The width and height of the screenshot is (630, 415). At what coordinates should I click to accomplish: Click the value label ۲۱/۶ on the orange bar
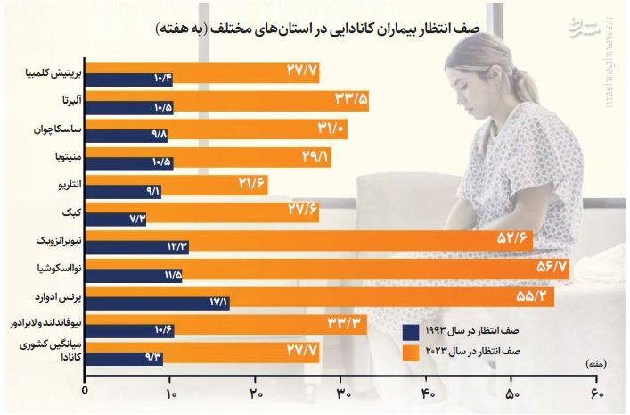(x=253, y=184)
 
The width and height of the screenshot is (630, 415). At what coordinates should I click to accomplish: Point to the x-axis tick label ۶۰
(x=596, y=393)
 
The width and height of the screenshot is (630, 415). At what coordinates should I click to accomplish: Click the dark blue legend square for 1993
(x=412, y=332)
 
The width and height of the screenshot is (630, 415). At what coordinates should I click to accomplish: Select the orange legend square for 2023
(x=412, y=353)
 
